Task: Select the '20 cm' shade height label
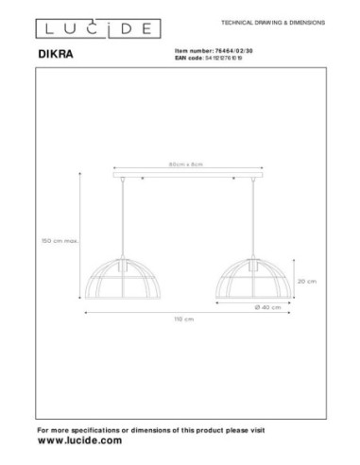pos(305,281)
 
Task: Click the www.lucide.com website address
pos(80,441)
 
